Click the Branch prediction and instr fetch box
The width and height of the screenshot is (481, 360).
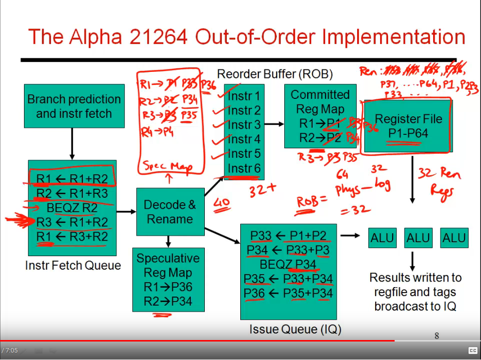(74, 106)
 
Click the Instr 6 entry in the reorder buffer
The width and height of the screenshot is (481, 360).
(244, 168)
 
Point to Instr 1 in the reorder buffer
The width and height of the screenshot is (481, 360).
(244, 96)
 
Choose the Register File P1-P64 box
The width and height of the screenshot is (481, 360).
(408, 126)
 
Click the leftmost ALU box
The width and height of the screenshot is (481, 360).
(382, 238)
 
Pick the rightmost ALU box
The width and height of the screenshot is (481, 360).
(454, 238)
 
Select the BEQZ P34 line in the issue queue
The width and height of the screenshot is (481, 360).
(289, 264)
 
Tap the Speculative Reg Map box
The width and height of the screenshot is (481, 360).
(168, 280)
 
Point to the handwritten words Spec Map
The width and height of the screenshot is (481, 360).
(167, 166)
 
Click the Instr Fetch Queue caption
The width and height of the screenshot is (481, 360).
(73, 265)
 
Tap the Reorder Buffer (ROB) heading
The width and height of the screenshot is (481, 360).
(275, 74)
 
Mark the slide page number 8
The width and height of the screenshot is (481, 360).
(437, 336)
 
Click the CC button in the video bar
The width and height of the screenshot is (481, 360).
(472, 350)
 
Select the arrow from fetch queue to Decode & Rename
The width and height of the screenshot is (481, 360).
(126, 212)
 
